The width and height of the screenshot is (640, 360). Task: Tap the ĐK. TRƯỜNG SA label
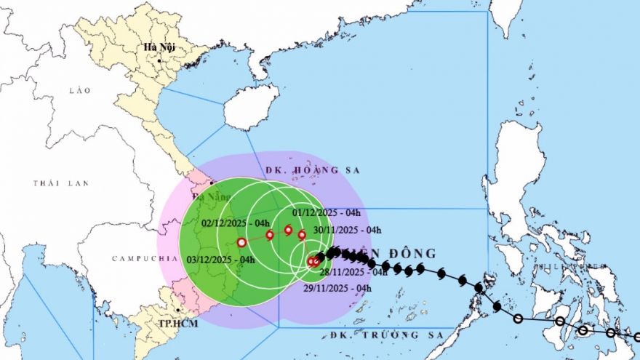point(374,335)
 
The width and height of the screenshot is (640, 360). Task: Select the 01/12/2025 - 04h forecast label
point(327,212)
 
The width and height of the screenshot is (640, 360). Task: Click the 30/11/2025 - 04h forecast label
point(348,230)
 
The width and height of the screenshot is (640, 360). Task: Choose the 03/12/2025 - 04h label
point(221,260)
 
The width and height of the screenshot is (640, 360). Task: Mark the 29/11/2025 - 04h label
point(337,289)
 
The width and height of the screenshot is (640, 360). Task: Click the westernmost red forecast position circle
point(241,242)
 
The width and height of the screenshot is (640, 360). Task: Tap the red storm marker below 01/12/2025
point(288,231)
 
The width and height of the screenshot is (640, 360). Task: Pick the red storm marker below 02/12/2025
point(270,235)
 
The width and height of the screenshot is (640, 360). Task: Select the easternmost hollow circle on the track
point(637,337)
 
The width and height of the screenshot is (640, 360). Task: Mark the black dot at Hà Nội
point(160,60)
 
